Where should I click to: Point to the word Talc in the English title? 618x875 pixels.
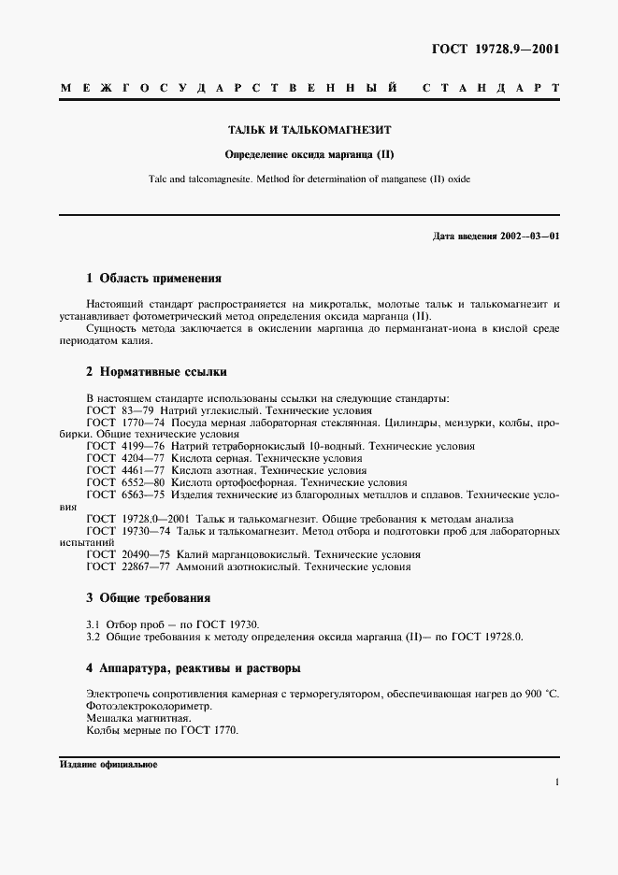coord(158,179)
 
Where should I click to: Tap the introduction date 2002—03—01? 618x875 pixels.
coord(530,236)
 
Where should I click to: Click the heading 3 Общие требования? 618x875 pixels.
coord(148,597)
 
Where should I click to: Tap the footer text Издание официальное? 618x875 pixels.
coord(108,764)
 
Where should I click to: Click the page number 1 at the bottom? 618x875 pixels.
coord(556,782)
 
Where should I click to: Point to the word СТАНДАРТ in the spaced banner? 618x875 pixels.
coord(490,90)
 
